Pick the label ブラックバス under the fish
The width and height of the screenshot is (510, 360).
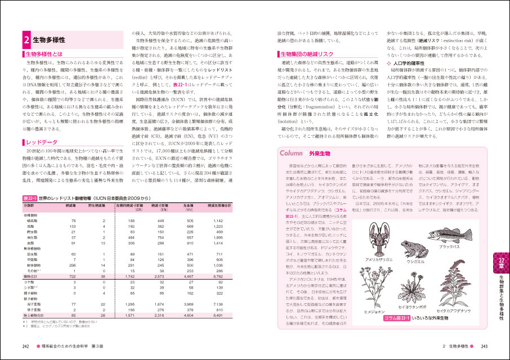(x=449, y=246)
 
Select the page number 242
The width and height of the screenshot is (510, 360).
(x=26, y=346)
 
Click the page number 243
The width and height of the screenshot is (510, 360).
(x=484, y=346)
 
